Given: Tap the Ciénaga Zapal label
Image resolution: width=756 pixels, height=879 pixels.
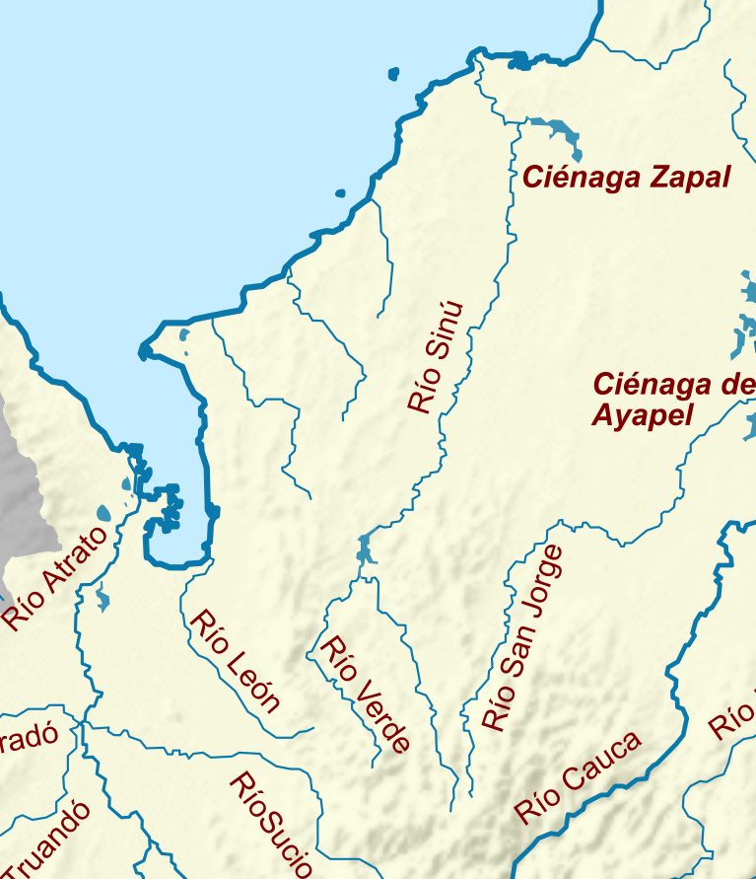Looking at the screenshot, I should (x=626, y=178).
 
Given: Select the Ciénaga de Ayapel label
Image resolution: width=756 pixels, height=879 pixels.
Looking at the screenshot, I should (x=670, y=399).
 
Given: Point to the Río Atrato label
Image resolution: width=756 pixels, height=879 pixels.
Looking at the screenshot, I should (x=56, y=578).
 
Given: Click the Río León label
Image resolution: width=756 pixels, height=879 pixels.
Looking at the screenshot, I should (x=236, y=661).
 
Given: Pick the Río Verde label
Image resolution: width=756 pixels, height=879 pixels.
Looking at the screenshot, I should (x=365, y=695).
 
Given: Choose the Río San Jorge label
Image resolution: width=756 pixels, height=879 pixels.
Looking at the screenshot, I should (x=523, y=638).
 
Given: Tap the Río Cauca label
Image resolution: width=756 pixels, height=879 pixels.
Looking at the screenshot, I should (x=579, y=777).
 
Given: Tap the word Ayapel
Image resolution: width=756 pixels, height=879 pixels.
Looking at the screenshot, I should (x=643, y=414).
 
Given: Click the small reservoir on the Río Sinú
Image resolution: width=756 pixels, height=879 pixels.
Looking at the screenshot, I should (x=366, y=548).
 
